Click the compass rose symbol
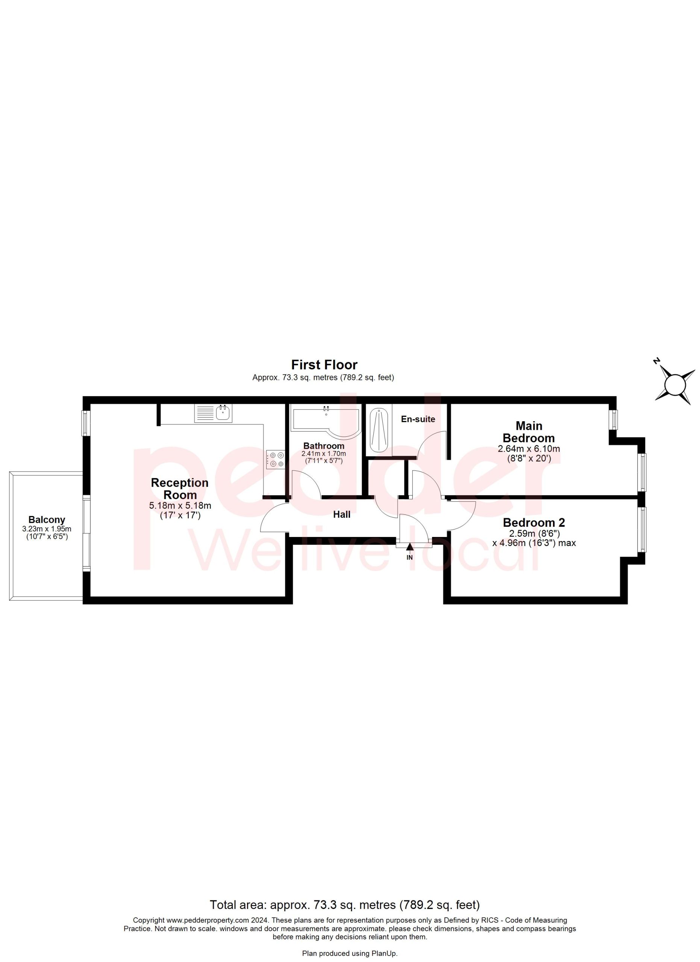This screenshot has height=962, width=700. (675, 385)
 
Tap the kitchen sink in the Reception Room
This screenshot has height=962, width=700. (214, 413)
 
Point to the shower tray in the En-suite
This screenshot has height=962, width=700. (379, 430)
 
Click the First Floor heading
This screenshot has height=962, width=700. (324, 365)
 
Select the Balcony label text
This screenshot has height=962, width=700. (47, 520)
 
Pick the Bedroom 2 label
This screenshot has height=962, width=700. (534, 523)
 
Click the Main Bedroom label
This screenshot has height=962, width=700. (529, 432)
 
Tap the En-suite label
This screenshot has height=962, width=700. (418, 419)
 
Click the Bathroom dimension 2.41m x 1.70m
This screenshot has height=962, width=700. (324, 454)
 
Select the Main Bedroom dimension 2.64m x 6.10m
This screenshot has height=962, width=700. (529, 449)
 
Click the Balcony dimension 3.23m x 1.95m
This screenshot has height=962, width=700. (47, 529)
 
